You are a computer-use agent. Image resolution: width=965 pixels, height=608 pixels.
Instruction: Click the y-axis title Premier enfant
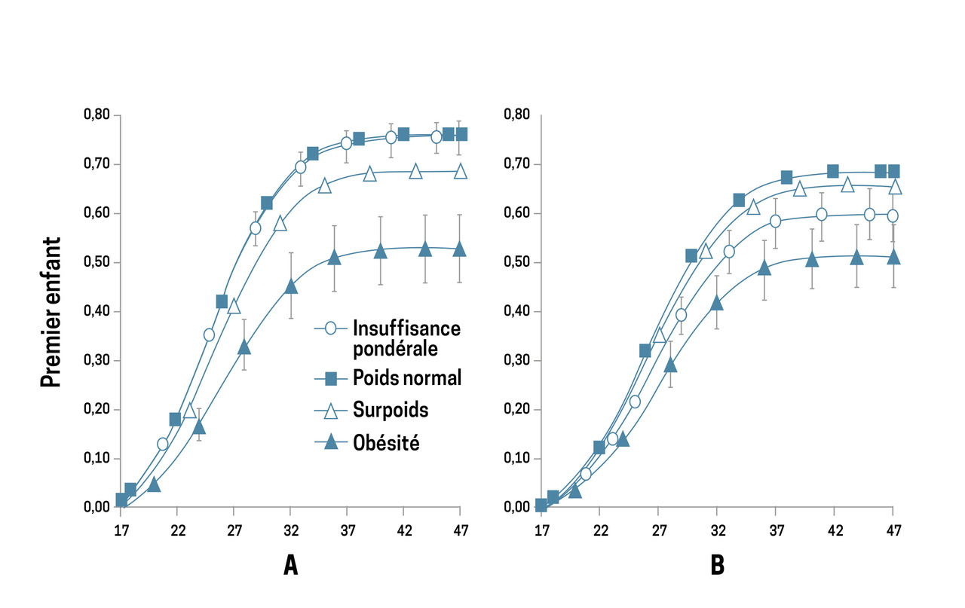(x=51, y=311)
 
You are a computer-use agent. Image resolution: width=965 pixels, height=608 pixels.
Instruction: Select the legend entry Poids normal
(x=406, y=377)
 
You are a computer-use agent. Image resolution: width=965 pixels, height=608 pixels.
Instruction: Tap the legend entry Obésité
(x=386, y=443)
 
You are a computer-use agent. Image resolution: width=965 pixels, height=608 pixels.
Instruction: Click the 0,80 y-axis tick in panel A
(x=96, y=115)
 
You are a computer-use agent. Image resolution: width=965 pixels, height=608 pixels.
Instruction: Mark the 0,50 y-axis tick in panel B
(x=516, y=262)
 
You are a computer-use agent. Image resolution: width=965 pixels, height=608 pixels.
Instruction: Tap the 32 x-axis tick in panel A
(x=291, y=530)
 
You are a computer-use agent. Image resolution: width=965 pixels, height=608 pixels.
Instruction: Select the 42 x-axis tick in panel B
(x=835, y=530)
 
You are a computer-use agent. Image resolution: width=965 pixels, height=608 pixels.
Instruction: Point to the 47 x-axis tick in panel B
(x=893, y=530)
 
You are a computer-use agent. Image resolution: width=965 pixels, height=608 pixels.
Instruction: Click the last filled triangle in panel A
(x=459, y=249)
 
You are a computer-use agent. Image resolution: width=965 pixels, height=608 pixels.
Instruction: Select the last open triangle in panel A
(x=459, y=171)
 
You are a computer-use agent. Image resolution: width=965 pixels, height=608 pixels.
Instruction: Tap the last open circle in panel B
(x=893, y=216)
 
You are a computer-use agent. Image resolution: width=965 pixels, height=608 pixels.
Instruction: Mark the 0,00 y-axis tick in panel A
(x=96, y=507)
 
